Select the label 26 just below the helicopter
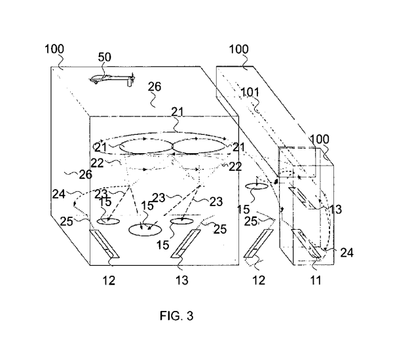coord(155,86)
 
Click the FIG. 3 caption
coord(176,317)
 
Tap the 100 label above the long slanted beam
coord(239,50)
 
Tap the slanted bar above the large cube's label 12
coord(105,243)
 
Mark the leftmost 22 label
coord(97,163)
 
